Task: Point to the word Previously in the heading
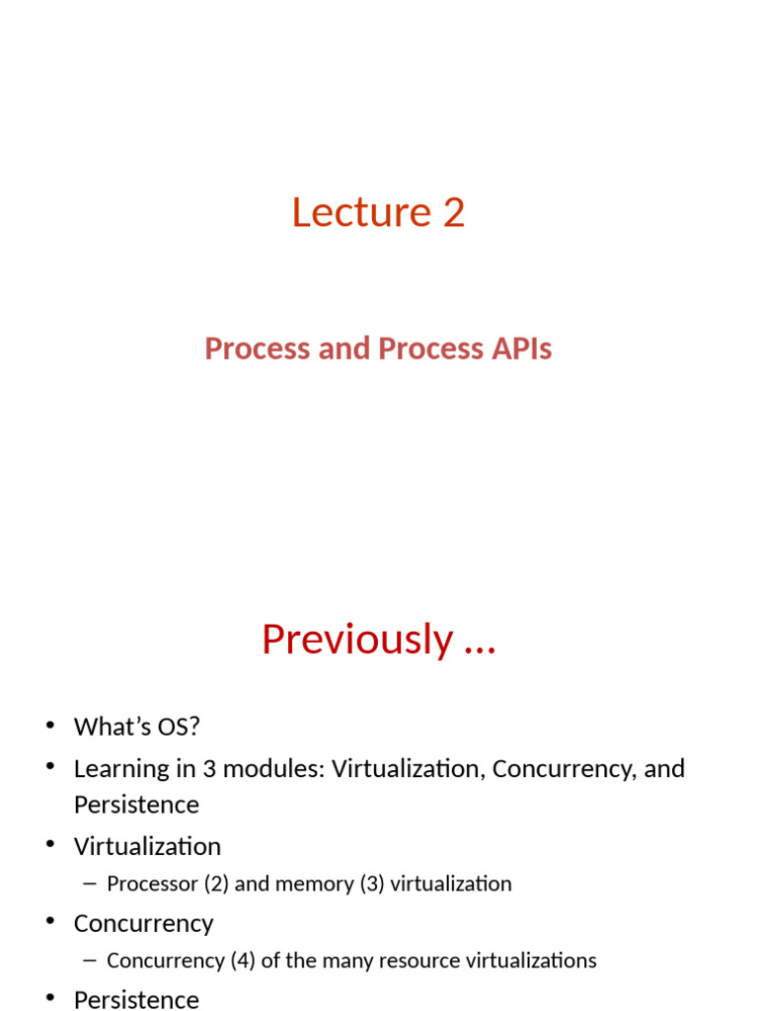pyautogui.click(x=356, y=639)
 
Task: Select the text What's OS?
pyautogui.click(x=136, y=727)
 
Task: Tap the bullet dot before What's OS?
pyautogui.click(x=50, y=728)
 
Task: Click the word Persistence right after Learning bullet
pyautogui.click(x=136, y=805)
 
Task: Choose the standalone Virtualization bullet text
pyautogui.click(x=147, y=846)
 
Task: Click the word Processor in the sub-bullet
pyautogui.click(x=152, y=884)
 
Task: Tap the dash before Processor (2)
pyautogui.click(x=91, y=884)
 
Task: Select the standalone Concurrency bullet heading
pyautogui.click(x=143, y=923)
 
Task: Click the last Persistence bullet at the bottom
pyautogui.click(x=136, y=999)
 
